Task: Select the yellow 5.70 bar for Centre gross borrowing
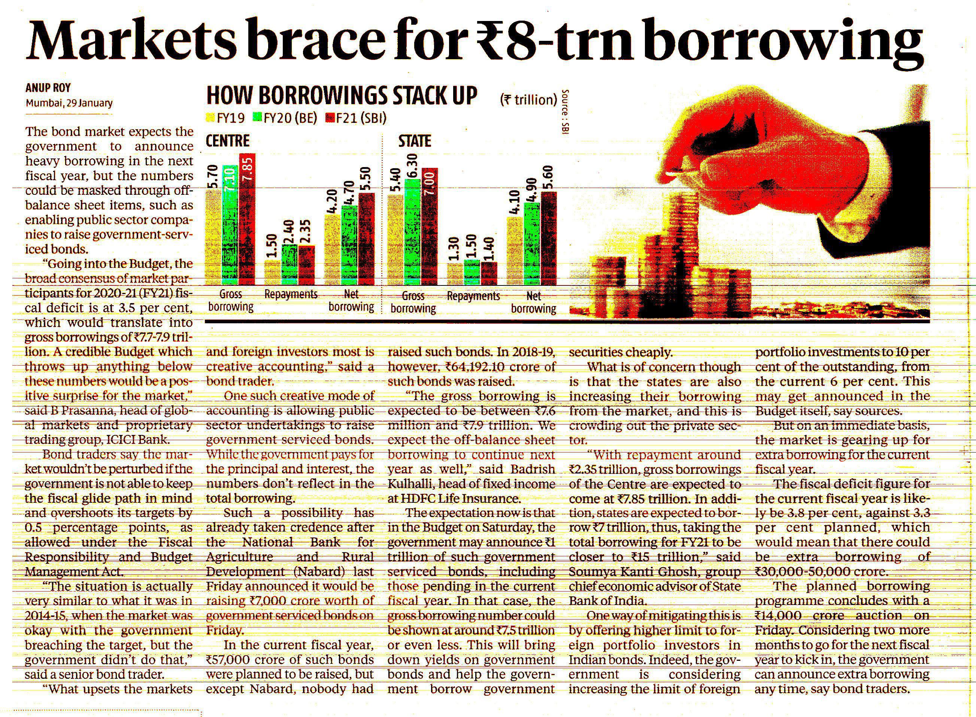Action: [x=213, y=237]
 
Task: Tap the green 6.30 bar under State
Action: [x=412, y=232]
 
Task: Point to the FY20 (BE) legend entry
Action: [x=284, y=118]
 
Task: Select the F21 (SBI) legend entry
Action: [x=356, y=118]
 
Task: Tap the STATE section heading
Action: [x=415, y=141]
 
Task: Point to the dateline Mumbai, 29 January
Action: [x=69, y=103]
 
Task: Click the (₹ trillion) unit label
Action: [x=528, y=100]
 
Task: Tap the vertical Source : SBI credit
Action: [x=565, y=112]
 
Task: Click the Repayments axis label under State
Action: [x=473, y=296]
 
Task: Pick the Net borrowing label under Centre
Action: [x=351, y=300]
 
